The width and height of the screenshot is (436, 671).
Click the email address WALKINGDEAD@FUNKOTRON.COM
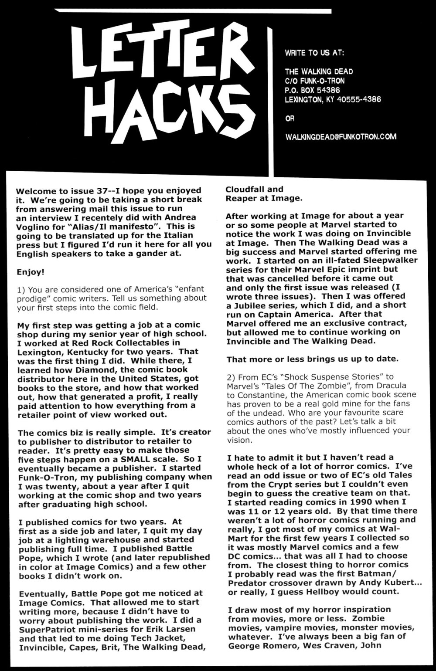click(341, 137)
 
